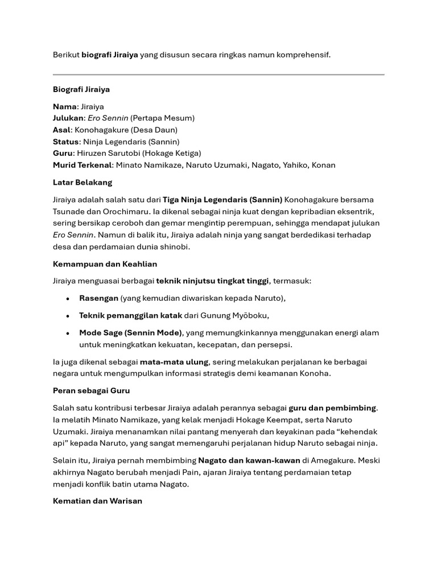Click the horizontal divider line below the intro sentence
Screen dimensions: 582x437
(x=218, y=74)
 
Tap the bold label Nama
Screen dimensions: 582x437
(x=64, y=106)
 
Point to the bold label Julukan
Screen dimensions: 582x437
(x=68, y=118)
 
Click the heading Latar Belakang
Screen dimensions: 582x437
(x=83, y=182)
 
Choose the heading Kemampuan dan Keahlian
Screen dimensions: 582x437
(x=105, y=264)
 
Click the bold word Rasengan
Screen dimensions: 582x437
(x=99, y=298)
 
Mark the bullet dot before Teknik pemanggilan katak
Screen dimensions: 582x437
(x=68, y=316)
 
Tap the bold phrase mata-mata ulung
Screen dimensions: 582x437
(x=175, y=361)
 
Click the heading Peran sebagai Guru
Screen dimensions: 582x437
(x=91, y=391)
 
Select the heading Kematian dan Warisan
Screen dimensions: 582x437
(x=97, y=501)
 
